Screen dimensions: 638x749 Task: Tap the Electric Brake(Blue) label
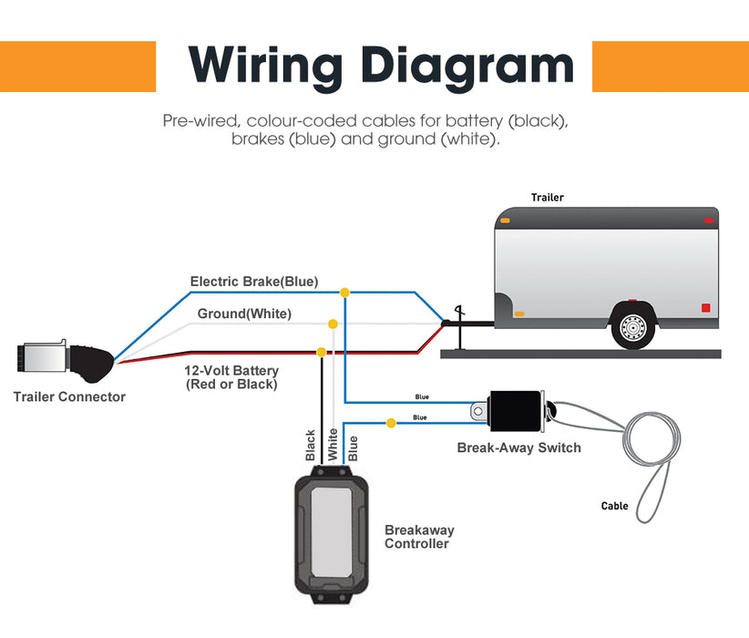[x=254, y=282]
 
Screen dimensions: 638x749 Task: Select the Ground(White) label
[x=244, y=314]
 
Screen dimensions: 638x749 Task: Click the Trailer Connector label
[x=69, y=396]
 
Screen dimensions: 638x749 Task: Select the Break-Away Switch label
[x=518, y=448]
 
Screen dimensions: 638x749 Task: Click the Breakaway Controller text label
[x=419, y=537]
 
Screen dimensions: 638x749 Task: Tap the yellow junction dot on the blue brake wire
[x=344, y=293]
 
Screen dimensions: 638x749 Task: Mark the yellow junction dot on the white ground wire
[x=333, y=324]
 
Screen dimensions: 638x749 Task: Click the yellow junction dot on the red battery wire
[x=321, y=352]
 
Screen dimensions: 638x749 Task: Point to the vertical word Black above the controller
[x=310, y=445]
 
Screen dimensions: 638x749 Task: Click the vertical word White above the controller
[x=333, y=444]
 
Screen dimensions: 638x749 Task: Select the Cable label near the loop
[x=614, y=506]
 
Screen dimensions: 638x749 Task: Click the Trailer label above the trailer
[x=548, y=198]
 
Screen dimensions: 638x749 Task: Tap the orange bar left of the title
[x=77, y=66]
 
